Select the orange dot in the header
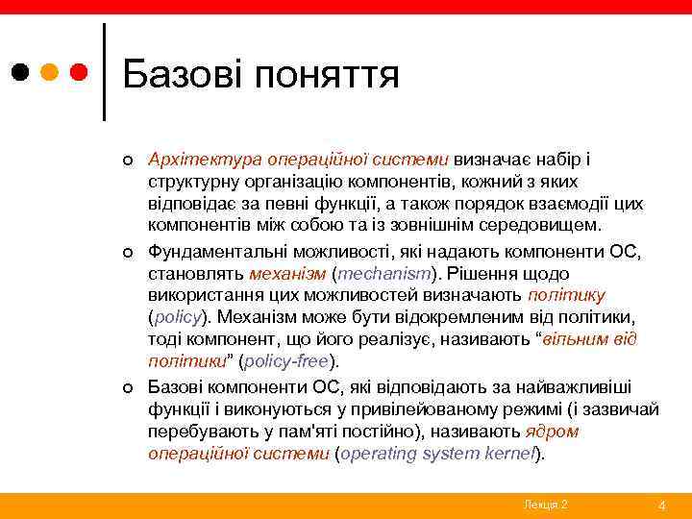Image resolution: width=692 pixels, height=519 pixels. [50, 72]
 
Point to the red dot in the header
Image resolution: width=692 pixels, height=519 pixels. [79, 72]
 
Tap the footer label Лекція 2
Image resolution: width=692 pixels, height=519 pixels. [545, 505]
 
